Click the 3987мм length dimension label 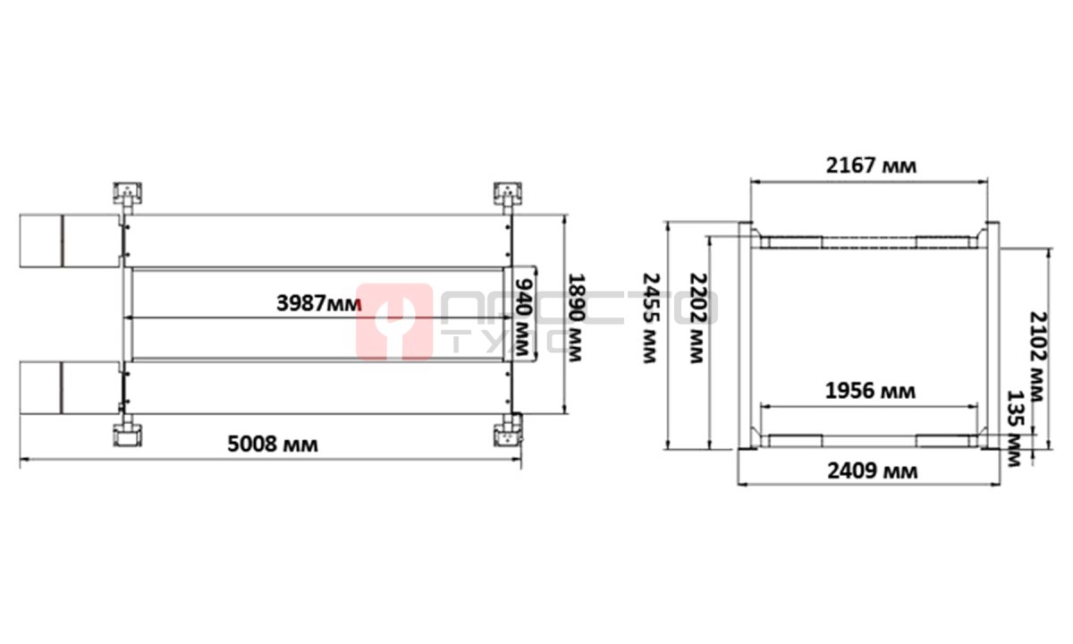pyautogui.click(x=318, y=303)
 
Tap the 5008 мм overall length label pyautogui.click(x=273, y=445)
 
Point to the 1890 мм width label pyautogui.click(x=575, y=318)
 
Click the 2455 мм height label pyautogui.click(x=651, y=318)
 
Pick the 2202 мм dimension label pyautogui.click(x=698, y=318)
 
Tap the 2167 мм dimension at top pyautogui.click(x=871, y=165)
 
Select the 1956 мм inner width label pyautogui.click(x=870, y=392)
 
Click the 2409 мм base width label pyautogui.click(x=873, y=471)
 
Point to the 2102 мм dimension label pyautogui.click(x=1038, y=357)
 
